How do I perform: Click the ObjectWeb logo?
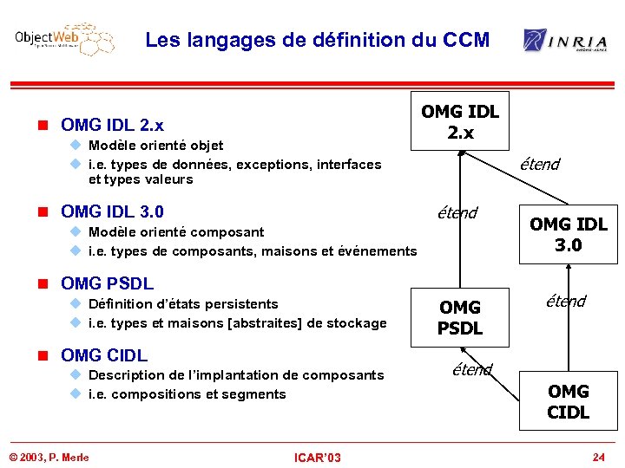65,40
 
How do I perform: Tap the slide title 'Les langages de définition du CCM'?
318,40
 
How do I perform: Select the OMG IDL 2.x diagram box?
460,121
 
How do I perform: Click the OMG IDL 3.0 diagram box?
569,234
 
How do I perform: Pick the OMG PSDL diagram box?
460,317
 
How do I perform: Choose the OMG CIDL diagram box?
569,401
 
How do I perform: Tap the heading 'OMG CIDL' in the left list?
104,355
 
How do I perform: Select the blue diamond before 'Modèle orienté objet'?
76,146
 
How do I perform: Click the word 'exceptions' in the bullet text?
269,165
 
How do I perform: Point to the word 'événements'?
378,251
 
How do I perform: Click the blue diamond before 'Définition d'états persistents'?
76,304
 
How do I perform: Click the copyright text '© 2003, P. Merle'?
49,457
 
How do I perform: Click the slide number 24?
598,457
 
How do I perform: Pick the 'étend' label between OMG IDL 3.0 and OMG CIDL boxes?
565,302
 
